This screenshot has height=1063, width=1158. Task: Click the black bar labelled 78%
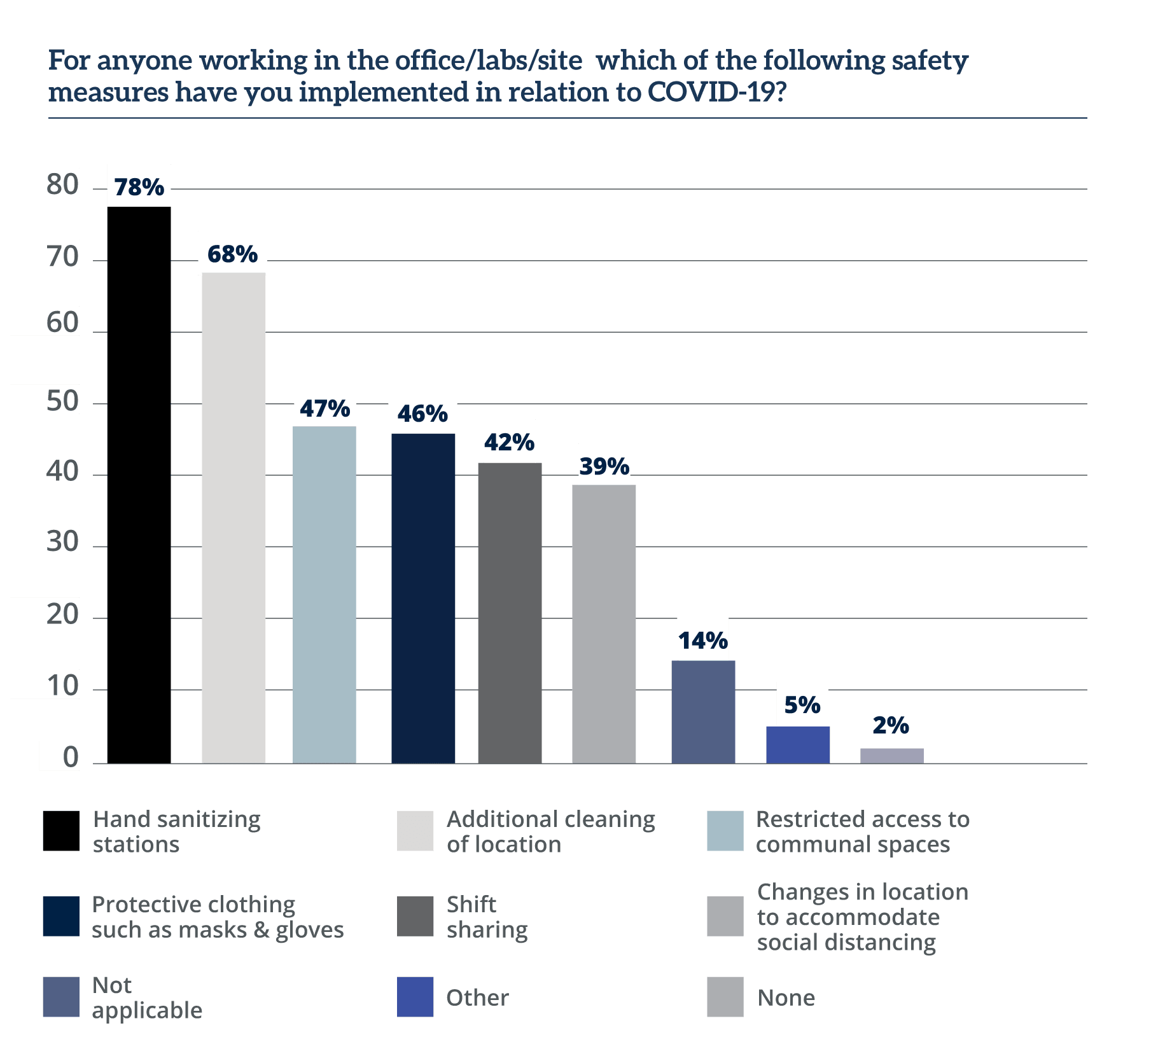tap(139, 483)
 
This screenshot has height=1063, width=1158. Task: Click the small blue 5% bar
tap(798, 744)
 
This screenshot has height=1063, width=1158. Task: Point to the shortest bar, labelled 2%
tap(891, 755)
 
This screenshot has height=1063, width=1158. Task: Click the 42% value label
tap(509, 441)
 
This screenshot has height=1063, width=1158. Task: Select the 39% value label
tap(604, 466)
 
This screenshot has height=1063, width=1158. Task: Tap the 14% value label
tap(702, 640)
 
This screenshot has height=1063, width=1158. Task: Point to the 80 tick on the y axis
tap(62, 184)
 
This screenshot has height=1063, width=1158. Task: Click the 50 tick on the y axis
tap(62, 401)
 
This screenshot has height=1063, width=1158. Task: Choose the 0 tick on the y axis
tap(70, 756)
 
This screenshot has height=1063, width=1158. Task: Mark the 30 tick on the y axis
tap(62, 541)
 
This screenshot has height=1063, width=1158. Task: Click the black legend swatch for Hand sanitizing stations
tap(61, 831)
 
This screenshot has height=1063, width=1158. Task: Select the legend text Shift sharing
tap(487, 917)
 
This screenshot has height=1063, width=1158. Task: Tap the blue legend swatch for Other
tap(415, 997)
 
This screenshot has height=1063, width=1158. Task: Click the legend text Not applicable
tap(147, 997)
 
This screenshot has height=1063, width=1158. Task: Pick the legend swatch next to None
tap(725, 997)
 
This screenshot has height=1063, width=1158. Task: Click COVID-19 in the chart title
tap(716, 92)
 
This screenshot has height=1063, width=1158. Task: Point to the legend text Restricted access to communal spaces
tap(862, 831)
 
